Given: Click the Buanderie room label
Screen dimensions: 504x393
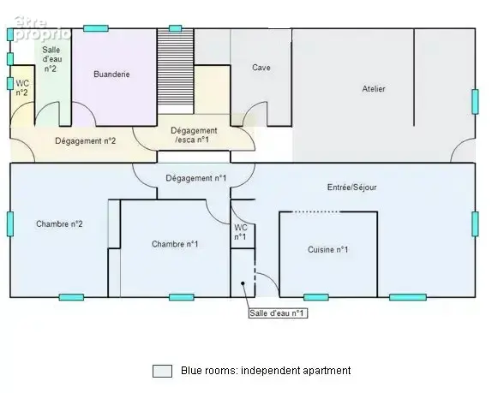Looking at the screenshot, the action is (x=111, y=74).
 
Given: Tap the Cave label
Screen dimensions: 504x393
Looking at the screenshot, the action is (x=261, y=68).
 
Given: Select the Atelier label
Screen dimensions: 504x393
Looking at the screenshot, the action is (x=374, y=89).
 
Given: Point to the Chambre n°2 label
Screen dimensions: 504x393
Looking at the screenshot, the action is (x=59, y=223).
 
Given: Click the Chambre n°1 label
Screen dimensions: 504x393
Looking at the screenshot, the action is (x=175, y=244).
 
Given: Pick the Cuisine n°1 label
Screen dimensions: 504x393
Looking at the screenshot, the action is (x=327, y=249).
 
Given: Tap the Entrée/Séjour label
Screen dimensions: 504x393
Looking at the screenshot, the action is (x=351, y=188).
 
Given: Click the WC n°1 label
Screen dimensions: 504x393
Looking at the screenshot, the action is (x=240, y=232).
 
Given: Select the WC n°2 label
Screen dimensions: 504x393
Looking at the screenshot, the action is (x=22, y=88).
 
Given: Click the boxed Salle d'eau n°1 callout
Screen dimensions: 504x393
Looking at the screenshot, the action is (x=278, y=313).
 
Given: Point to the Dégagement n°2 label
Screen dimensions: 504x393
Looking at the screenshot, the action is (x=85, y=140).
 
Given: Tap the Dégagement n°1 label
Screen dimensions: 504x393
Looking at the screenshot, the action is (x=196, y=178).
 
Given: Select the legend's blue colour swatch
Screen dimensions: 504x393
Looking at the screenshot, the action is (x=162, y=371).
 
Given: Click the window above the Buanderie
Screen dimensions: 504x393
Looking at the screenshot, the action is (x=96, y=28).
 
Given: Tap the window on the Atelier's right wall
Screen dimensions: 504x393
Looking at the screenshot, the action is (x=475, y=101).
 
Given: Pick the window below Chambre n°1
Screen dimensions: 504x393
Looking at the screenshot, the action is (x=182, y=297).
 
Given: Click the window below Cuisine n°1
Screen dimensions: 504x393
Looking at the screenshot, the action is (x=316, y=297).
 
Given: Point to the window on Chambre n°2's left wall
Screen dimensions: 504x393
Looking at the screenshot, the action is (x=10, y=224).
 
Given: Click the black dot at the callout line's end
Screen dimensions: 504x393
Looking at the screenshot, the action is (x=243, y=283).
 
